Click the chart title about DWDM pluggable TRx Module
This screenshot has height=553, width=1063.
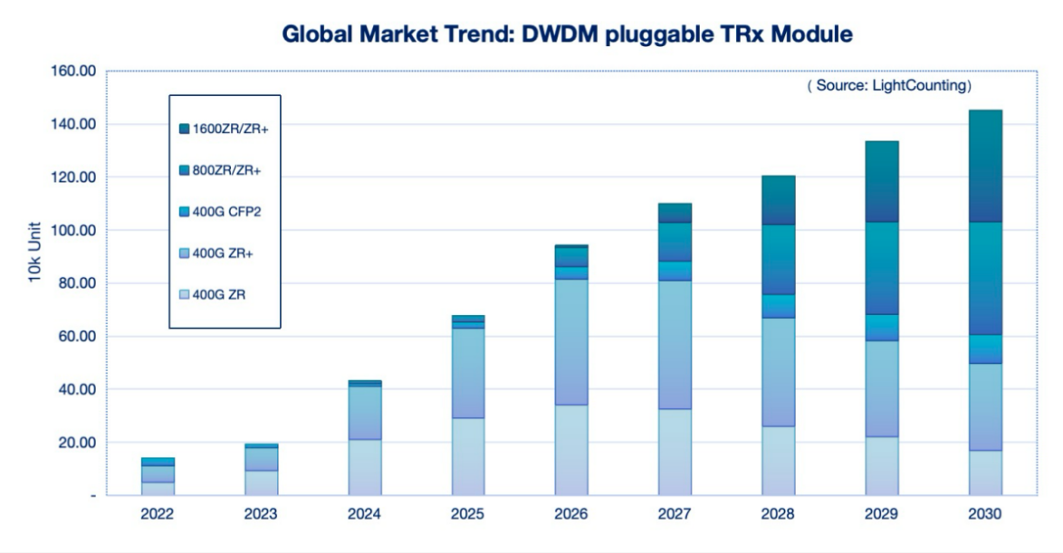(568, 34)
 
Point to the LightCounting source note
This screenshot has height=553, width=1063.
(889, 86)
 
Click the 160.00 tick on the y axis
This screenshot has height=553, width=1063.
(75, 71)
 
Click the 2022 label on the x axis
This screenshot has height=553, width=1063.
(158, 513)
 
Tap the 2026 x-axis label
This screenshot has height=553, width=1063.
(571, 513)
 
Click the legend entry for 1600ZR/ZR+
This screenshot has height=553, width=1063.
(230, 129)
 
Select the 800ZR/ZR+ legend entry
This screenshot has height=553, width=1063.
(226, 170)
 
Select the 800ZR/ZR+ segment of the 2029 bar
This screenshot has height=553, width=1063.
(880, 268)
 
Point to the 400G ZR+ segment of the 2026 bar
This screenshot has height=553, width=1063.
(571, 341)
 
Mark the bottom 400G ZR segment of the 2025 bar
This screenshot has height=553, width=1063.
(468, 456)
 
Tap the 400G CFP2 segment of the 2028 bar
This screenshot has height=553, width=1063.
(777, 306)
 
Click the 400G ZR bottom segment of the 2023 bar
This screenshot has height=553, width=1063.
(261, 482)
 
